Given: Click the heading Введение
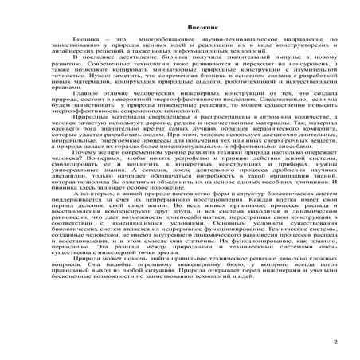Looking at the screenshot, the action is click(x=179, y=28).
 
